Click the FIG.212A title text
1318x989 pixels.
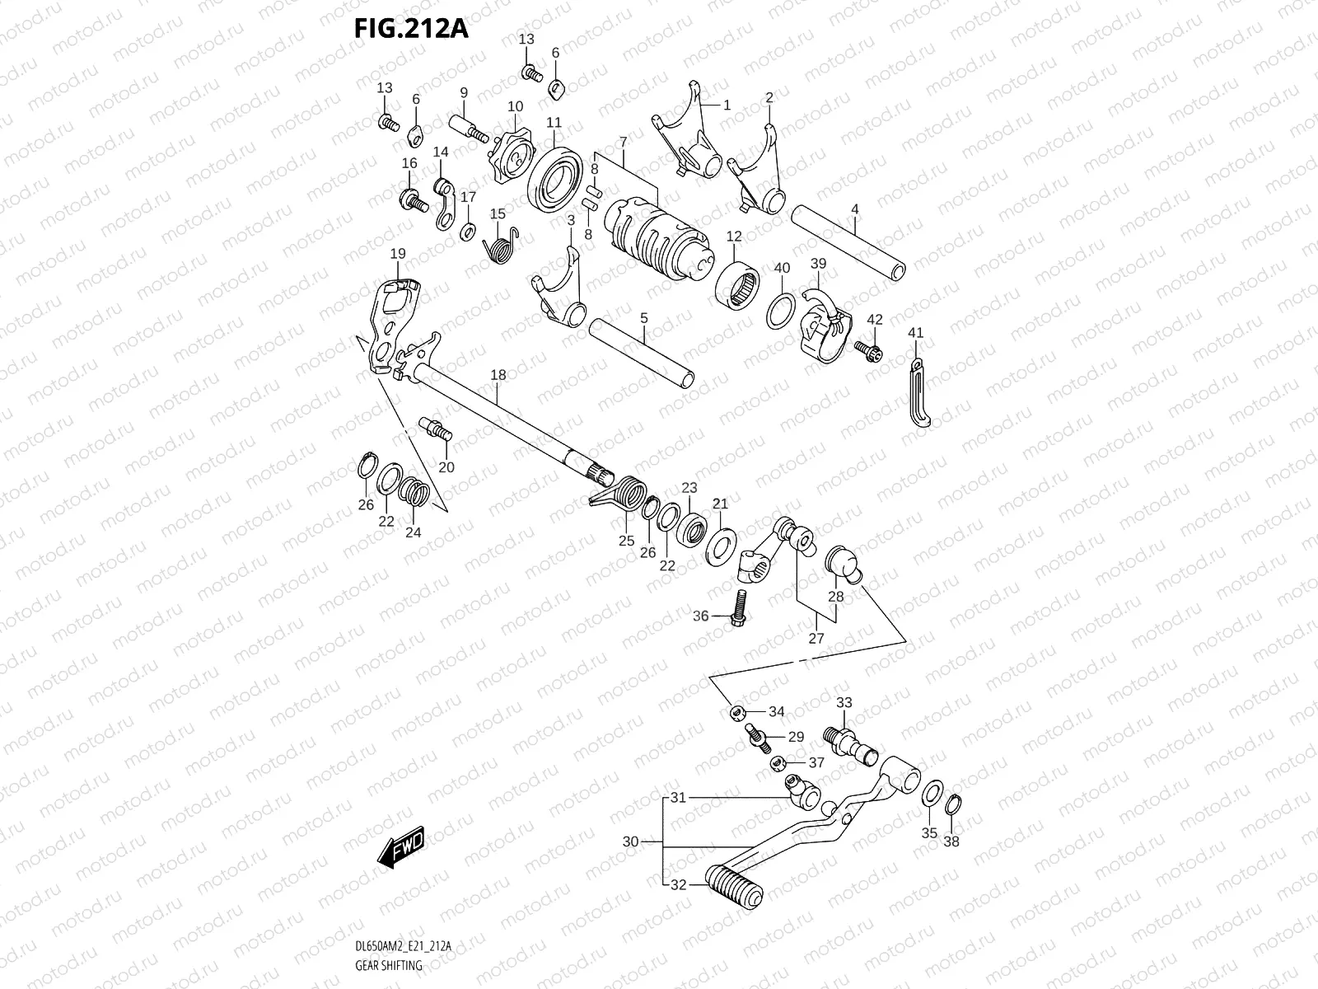[410, 29]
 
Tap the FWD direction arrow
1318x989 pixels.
[400, 845]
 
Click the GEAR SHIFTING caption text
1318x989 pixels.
[390, 964]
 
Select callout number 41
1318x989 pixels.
[915, 333]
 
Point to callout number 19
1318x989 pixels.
[398, 253]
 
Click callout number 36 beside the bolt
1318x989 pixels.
[700, 616]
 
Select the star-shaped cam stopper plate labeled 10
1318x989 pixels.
[517, 153]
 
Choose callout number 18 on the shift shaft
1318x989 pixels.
[498, 375]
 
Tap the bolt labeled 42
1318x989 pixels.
[867, 349]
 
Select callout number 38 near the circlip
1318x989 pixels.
[951, 841]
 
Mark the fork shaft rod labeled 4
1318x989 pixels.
[848, 244]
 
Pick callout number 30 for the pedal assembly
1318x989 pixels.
[630, 841]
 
